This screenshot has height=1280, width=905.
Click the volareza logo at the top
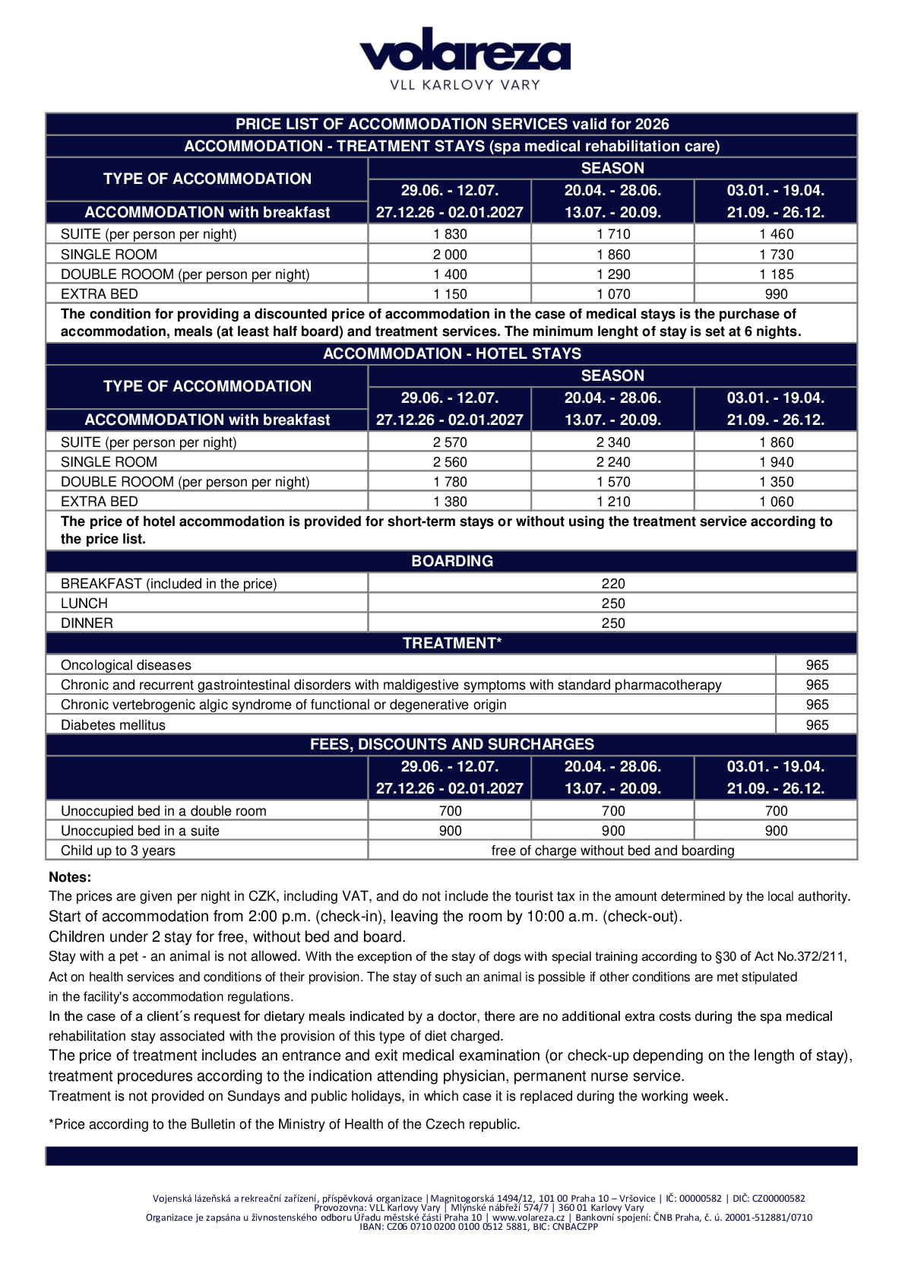pos(464,59)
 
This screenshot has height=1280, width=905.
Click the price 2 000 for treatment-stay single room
pos(450,255)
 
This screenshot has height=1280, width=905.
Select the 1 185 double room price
pos(776,274)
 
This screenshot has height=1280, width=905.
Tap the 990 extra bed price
pos(776,294)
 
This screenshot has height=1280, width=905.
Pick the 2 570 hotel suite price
pos(450,442)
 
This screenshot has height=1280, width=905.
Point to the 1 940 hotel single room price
pos(776,462)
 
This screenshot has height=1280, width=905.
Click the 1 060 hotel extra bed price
pos(776,502)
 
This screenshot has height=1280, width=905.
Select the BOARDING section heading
pos(452,561)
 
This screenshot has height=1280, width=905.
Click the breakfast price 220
pos(612,584)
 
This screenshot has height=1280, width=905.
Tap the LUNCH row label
pos(84,604)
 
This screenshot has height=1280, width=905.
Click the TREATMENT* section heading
pos(452,643)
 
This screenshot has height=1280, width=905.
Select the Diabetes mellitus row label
pos(113,725)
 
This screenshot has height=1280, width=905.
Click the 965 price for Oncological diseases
pos(817,665)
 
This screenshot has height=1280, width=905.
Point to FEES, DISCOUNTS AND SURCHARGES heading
pos(452,744)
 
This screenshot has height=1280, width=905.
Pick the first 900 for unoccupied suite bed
pos(450,831)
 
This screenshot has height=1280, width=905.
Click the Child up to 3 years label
pos(118,851)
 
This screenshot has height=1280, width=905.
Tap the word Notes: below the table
pos(70,876)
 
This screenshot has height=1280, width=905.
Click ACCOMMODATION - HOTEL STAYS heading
pos(452,353)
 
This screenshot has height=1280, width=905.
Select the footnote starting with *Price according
pos(284,1124)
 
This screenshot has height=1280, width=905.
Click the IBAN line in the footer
pos(479,1227)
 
